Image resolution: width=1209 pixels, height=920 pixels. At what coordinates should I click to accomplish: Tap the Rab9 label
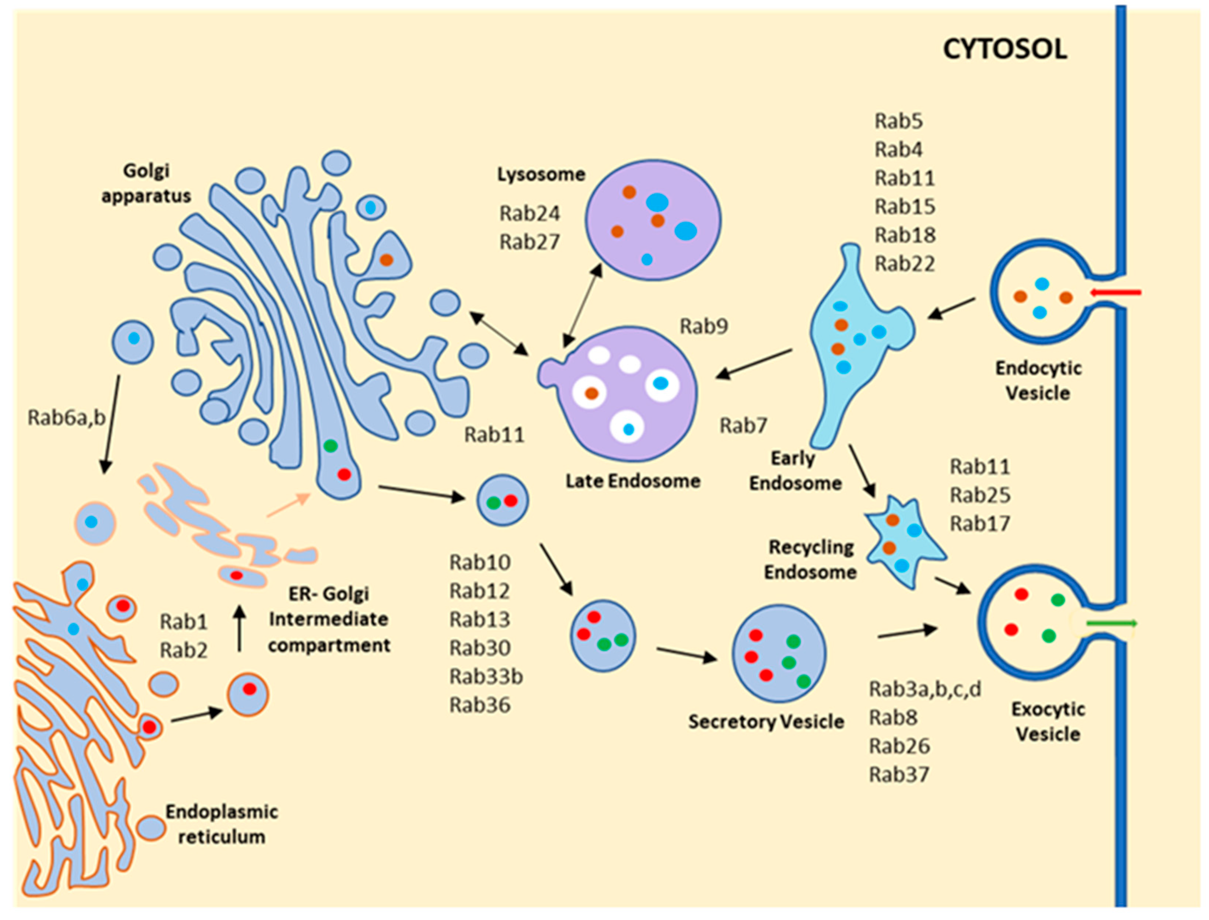[703, 326]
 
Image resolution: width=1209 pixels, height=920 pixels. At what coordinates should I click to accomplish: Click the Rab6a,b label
[67, 418]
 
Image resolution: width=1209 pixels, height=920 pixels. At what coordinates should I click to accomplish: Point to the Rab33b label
[486, 677]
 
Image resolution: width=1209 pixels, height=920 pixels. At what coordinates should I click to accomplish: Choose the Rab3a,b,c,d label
[925, 689]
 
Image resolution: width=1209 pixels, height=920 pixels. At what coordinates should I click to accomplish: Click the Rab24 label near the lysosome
[530, 214]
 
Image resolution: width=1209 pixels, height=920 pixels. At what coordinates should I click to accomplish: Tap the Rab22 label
[905, 264]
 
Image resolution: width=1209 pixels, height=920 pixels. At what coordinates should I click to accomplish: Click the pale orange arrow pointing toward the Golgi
[289, 504]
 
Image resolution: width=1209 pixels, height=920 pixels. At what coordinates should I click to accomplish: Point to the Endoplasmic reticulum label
[222, 824]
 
